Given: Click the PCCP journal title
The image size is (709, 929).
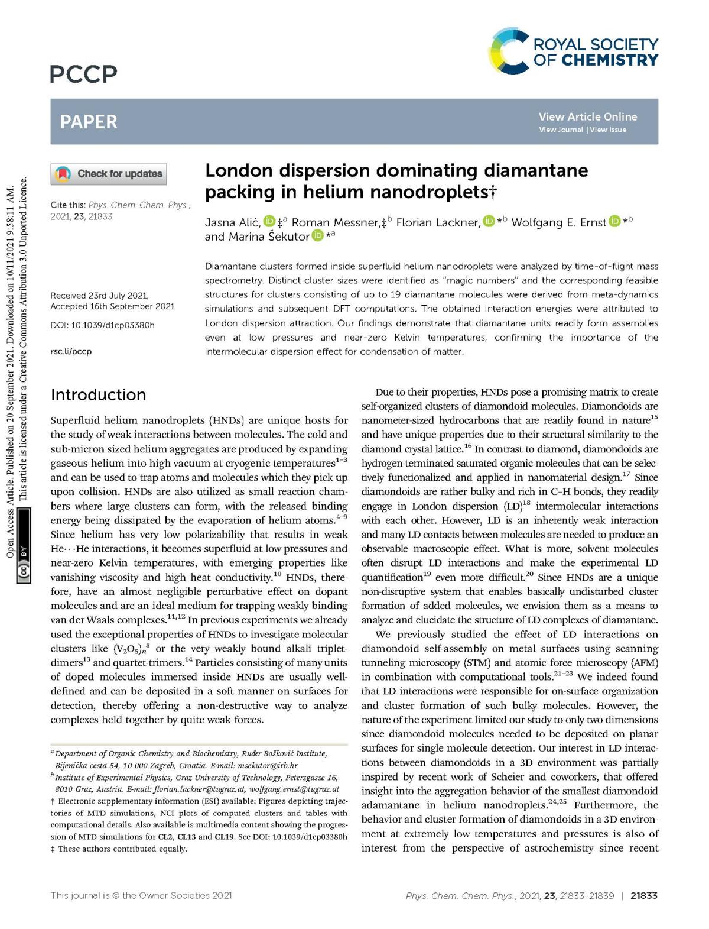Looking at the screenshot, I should point(84,74).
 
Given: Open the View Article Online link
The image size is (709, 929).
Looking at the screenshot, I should point(587,116).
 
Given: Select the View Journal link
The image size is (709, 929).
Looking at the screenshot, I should point(561,130).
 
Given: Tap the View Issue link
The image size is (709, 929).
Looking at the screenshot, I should point(608,130).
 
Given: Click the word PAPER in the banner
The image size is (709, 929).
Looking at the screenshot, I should point(89,122).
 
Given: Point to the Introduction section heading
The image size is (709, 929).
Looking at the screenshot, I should point(98,394).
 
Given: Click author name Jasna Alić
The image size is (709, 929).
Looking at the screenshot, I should point(232,222).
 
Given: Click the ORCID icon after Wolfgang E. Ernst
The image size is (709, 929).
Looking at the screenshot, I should point(614,221).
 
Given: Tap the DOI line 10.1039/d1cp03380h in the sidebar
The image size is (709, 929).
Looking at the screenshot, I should point(102,325).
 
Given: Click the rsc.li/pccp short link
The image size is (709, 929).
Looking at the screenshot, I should point(71,351).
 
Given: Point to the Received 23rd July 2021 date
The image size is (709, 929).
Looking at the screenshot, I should point(99,296).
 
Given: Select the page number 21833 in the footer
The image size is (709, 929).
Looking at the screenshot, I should point(644,896).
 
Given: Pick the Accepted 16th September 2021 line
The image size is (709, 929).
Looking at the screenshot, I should point(112,306).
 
